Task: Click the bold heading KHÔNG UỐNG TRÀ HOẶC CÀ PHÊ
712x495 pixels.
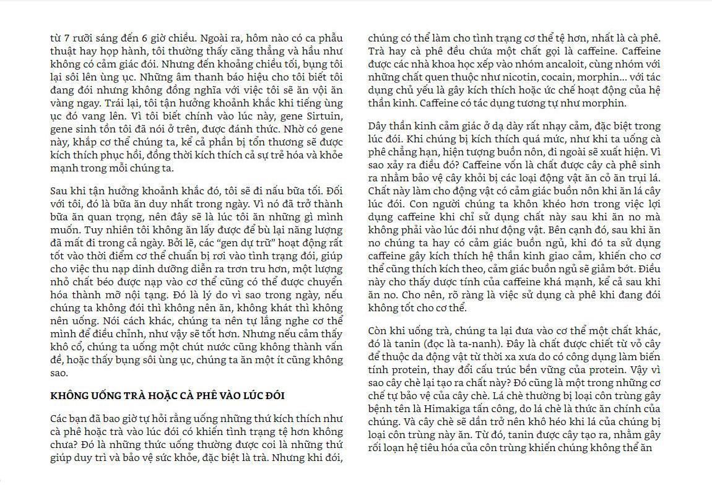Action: click(x=167, y=395)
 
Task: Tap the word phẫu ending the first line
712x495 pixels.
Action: click(x=329, y=38)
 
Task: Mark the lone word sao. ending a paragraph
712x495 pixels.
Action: click(x=59, y=373)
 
